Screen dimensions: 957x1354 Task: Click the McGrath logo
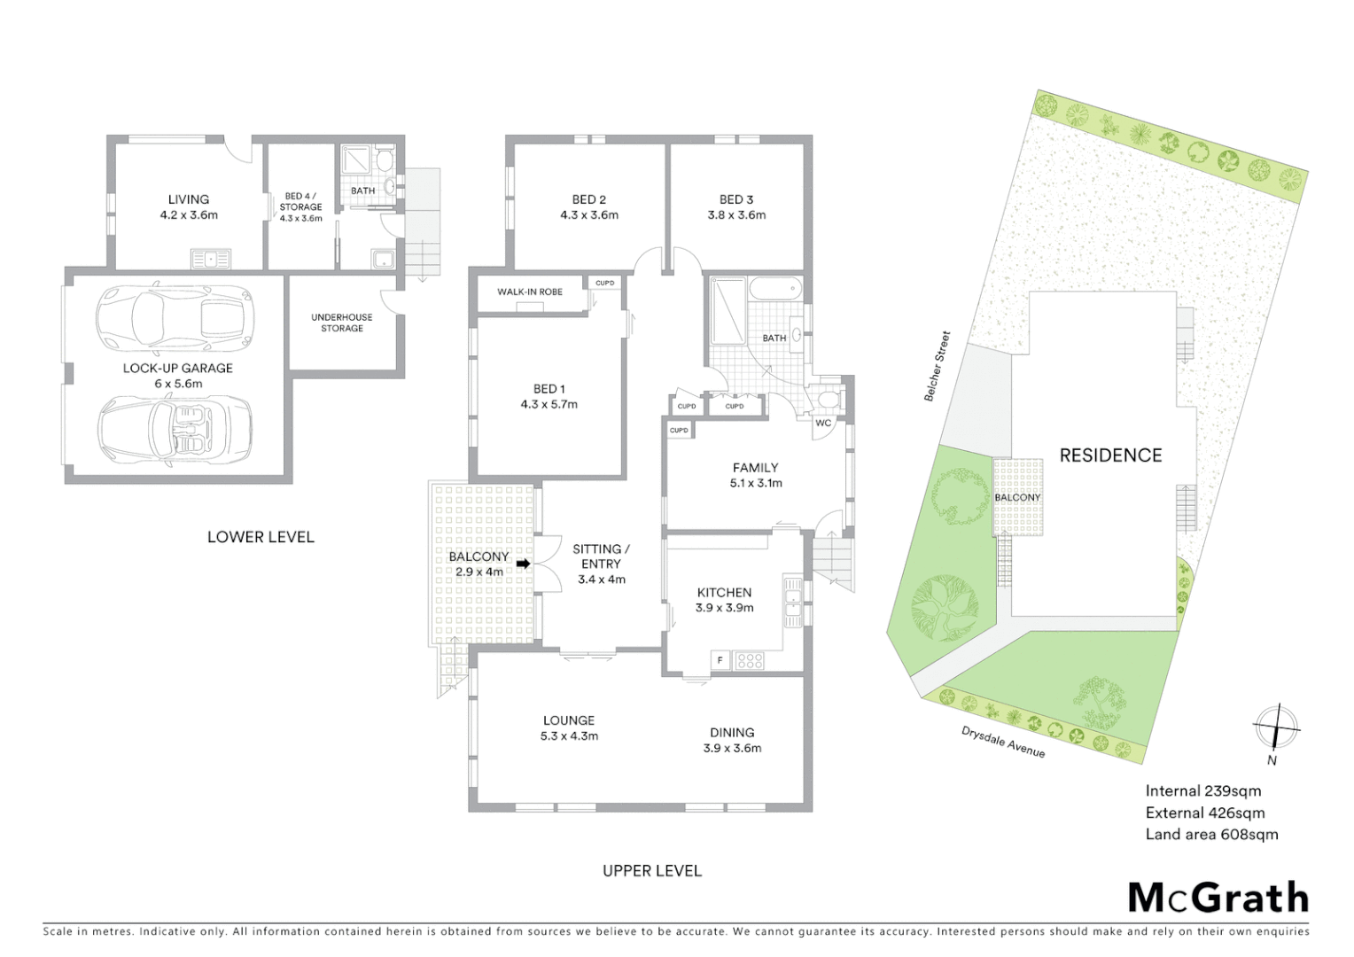click(1218, 898)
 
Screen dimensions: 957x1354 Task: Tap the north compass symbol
click(1275, 728)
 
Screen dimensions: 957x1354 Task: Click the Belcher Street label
click(937, 366)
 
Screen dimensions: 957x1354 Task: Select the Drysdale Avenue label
click(1003, 742)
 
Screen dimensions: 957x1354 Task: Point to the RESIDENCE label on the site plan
click(1110, 455)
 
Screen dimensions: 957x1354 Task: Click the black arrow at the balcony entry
click(523, 564)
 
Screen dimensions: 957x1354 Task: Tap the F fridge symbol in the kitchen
click(720, 660)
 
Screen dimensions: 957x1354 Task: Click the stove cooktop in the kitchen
click(750, 660)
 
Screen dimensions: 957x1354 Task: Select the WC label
click(823, 423)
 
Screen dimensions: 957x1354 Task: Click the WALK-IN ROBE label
click(529, 292)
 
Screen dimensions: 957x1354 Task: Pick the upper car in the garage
click(175, 316)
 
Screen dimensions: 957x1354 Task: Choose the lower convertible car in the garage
click(175, 427)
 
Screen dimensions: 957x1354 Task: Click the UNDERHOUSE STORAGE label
click(342, 323)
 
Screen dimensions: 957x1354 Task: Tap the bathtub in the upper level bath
click(774, 290)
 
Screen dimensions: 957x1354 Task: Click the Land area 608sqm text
click(1211, 834)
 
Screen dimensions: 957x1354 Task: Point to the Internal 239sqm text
click(1202, 791)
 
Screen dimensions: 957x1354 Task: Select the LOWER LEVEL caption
click(261, 537)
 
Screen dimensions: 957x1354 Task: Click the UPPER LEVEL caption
click(652, 871)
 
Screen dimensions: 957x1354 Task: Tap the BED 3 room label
click(736, 206)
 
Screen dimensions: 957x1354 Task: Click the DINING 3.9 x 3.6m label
click(732, 740)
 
